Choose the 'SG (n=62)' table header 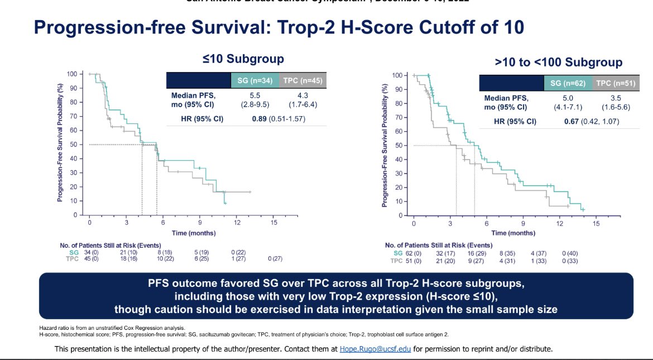[x=568, y=84]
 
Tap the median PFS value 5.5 [x=255, y=95]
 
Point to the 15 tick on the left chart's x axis [x=273, y=222]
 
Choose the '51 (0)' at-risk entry [x=414, y=261]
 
